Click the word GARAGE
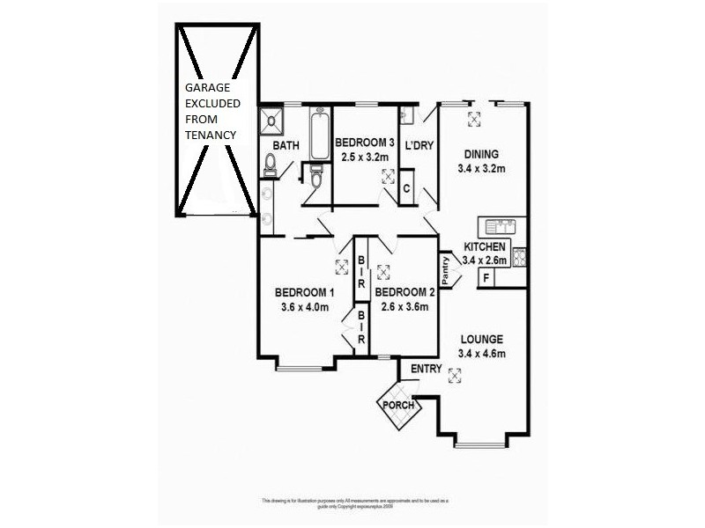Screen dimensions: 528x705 pos(206,88)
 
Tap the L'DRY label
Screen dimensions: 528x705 pos(419,145)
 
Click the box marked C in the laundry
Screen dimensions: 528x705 pos(407,188)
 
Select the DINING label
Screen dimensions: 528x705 pos(481,154)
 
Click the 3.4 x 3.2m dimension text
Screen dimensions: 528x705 pos(481,168)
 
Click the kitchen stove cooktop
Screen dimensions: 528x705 pos(520,257)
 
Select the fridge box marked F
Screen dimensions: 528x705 pos(485,279)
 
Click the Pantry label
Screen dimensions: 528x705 pos(446,270)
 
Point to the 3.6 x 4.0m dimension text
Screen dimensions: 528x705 pos(304,307)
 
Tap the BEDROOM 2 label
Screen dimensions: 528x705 pos(404,293)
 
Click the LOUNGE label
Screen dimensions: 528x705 pos(480,339)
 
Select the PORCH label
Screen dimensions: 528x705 pos(397,406)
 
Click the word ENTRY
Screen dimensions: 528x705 pos(426,369)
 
